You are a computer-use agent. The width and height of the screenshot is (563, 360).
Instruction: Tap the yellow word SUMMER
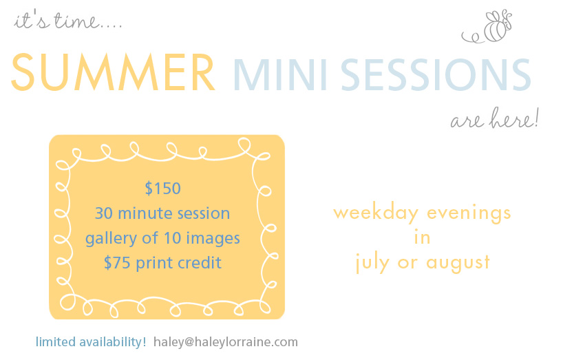pos(113,72)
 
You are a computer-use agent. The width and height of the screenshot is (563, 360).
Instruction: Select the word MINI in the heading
pos(280,75)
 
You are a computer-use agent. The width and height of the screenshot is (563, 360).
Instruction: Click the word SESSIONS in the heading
pos(436,75)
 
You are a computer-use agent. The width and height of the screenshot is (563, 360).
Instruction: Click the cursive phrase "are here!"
pos(495,118)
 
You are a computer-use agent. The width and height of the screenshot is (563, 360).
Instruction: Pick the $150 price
pos(162,189)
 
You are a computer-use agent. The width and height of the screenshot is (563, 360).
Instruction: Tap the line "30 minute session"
pos(162,213)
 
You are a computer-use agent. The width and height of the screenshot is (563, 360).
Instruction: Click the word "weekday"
pos(376,213)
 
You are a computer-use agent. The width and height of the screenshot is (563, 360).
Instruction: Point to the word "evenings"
pos(469,213)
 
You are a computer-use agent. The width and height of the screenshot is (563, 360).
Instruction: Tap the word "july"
pos(372,262)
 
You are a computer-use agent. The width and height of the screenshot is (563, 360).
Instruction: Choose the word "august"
pos(458,262)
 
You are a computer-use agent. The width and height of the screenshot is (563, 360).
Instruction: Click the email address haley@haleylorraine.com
pos(226,342)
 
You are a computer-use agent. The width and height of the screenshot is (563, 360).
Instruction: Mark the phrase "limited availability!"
pos(91,342)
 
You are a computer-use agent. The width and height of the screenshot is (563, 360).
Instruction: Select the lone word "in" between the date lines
pos(423,237)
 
